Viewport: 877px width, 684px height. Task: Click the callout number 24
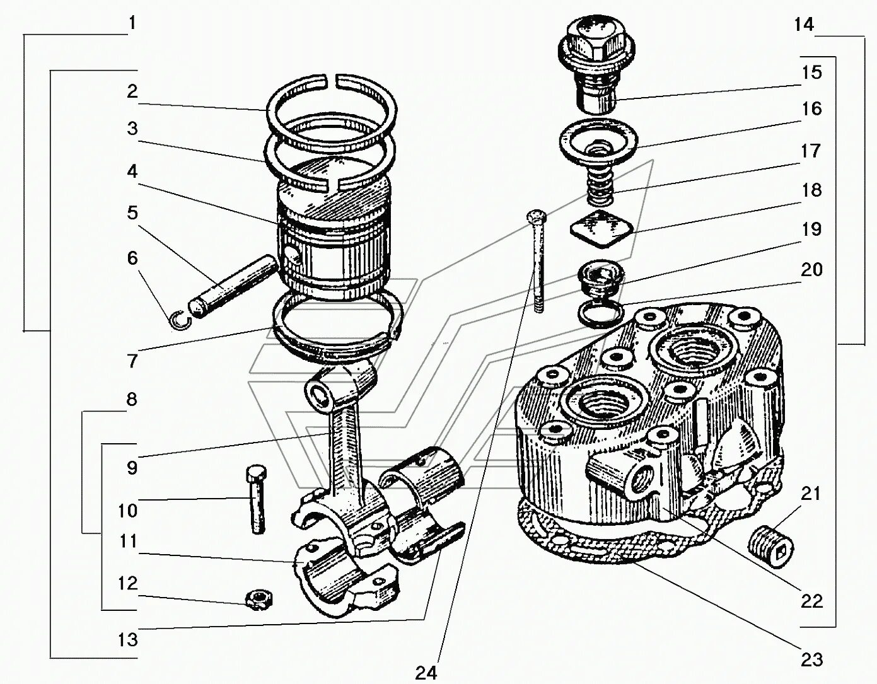coord(426,672)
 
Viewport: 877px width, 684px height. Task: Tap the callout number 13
coord(128,639)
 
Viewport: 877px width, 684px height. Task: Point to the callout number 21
coord(811,493)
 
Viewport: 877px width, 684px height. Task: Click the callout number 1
coord(132,23)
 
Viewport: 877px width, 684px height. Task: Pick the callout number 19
coord(812,229)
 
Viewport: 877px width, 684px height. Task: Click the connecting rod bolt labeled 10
coord(257,498)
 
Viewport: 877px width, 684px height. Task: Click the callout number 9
coord(132,467)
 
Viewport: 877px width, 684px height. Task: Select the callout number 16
coord(812,109)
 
